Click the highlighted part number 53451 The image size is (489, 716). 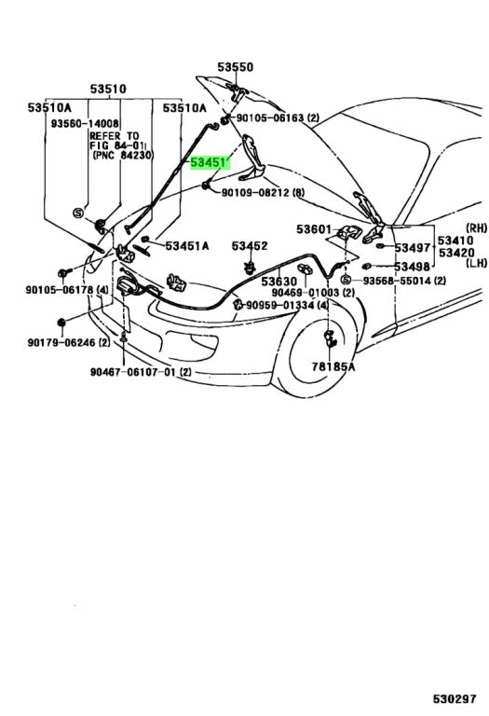click(x=211, y=163)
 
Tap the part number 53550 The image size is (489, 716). click(x=235, y=67)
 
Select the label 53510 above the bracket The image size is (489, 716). click(x=108, y=89)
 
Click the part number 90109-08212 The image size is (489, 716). click(x=255, y=193)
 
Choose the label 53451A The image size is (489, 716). click(x=187, y=246)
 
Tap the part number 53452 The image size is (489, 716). click(x=250, y=246)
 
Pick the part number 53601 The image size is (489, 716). click(x=314, y=228)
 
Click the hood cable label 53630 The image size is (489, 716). click(x=279, y=282)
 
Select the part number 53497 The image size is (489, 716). click(x=413, y=247)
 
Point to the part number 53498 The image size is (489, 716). click(x=412, y=267)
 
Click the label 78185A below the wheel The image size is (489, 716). click(x=333, y=366)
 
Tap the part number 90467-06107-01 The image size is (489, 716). click(x=134, y=372)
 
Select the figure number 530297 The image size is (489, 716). click(x=455, y=698)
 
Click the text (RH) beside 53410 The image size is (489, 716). click(x=476, y=227)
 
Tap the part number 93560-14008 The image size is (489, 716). click(x=85, y=123)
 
